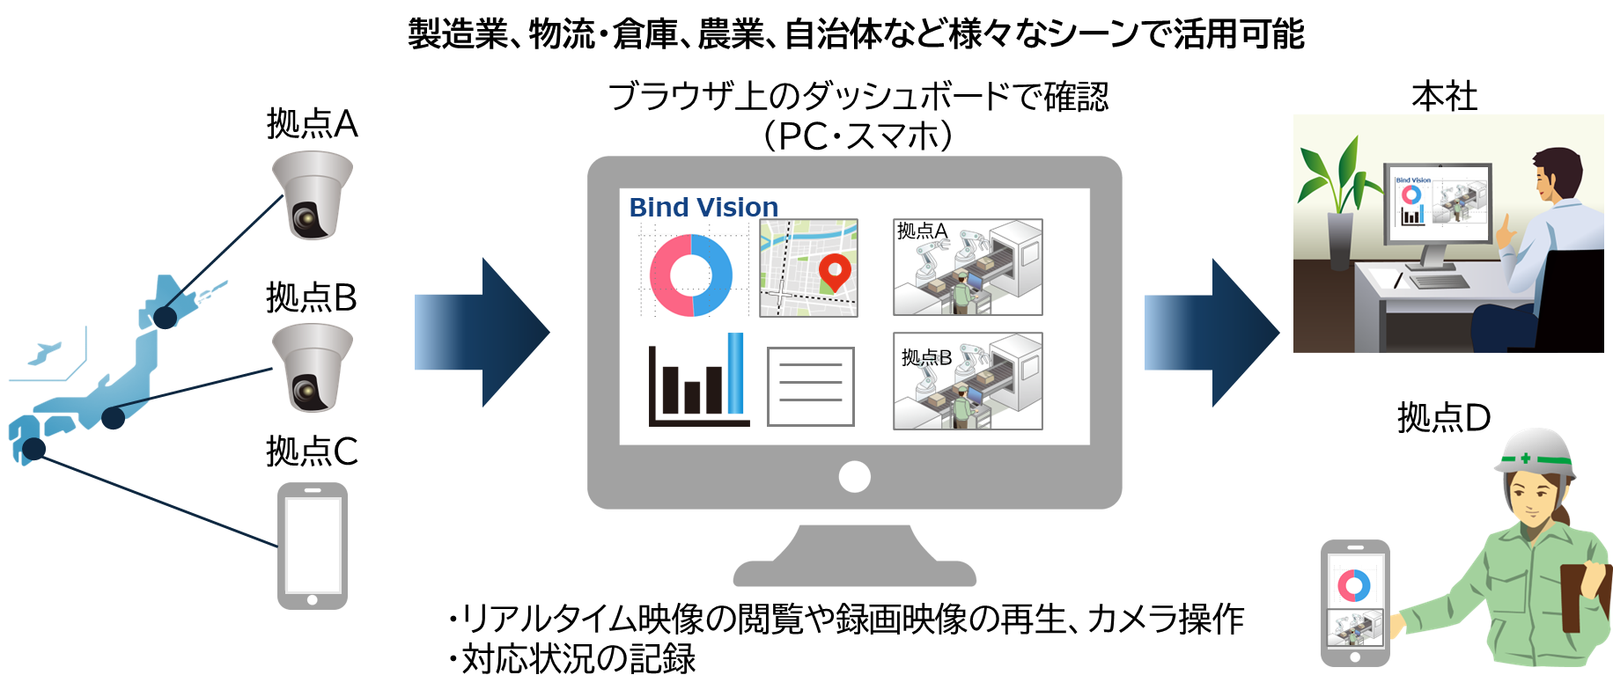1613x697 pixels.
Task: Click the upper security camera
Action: click(x=312, y=195)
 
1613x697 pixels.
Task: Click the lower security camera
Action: click(x=312, y=368)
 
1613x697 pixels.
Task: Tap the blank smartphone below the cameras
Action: click(x=313, y=546)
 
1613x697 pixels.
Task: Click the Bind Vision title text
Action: click(x=703, y=208)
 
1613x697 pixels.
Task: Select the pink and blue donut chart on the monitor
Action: click(x=692, y=274)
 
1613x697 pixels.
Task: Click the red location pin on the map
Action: click(x=834, y=271)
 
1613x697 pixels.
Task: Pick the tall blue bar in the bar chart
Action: click(x=735, y=373)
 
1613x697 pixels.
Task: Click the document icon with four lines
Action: click(x=811, y=386)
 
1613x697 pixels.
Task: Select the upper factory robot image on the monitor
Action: click(x=968, y=267)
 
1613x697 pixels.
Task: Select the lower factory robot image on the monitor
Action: click(x=968, y=381)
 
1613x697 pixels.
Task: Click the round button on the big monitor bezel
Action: click(x=854, y=477)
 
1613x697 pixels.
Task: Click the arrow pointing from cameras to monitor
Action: click(x=481, y=333)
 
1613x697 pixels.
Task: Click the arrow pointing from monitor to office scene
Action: click(x=1211, y=333)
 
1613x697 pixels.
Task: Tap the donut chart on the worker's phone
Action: click(x=1354, y=584)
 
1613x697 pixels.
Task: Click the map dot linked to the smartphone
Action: click(x=33, y=450)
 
